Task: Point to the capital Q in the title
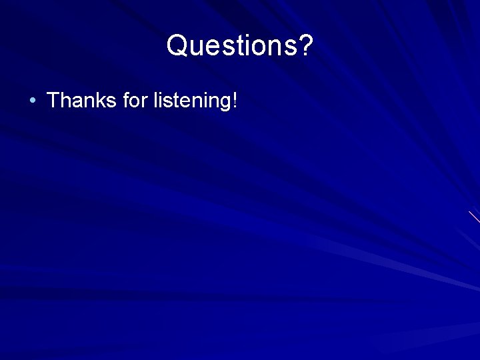click(178, 46)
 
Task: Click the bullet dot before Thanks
click(32, 101)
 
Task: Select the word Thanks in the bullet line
click(82, 101)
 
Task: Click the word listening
click(191, 101)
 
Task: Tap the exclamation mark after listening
click(234, 101)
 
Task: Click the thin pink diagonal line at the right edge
click(474, 217)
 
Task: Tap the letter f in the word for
click(127, 101)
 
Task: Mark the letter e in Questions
click(215, 47)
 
